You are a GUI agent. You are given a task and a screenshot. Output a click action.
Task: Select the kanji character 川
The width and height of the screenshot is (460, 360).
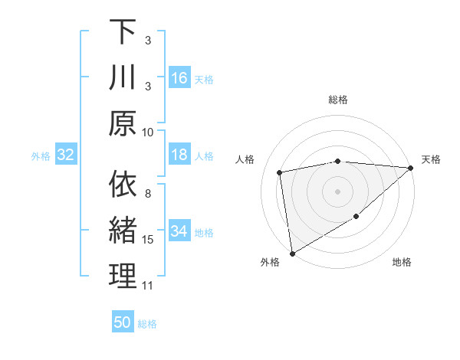[x=123, y=78]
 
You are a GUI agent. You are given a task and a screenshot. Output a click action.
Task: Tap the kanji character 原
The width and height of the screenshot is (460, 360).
[x=123, y=123]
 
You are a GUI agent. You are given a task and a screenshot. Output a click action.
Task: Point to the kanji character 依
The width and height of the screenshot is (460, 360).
[x=123, y=185]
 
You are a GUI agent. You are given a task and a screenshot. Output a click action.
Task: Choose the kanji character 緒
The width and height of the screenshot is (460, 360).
[x=123, y=231]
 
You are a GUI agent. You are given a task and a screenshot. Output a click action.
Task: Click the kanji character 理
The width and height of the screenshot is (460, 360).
[x=123, y=277]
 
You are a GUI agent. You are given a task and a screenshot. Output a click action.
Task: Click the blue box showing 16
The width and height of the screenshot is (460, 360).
[x=179, y=78]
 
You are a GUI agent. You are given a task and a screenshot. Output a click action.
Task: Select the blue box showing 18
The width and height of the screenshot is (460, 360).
[x=179, y=155]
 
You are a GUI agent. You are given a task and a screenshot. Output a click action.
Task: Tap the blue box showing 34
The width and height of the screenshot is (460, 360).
[x=179, y=232]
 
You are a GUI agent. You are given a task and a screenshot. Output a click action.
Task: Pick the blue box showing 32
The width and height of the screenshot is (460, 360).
[x=66, y=155]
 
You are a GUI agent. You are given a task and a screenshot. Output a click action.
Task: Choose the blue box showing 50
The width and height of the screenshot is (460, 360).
[x=123, y=322]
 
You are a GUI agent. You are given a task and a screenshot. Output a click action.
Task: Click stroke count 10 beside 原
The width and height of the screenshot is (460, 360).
[x=148, y=132]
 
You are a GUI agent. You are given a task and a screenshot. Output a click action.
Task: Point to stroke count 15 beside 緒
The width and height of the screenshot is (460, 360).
[x=148, y=240]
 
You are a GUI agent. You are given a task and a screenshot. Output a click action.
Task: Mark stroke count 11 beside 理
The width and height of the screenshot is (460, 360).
[x=148, y=286]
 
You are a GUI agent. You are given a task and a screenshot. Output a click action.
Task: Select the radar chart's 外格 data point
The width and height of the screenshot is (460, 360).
[x=292, y=253]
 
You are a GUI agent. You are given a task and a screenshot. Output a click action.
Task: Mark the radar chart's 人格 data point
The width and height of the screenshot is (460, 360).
[x=281, y=172]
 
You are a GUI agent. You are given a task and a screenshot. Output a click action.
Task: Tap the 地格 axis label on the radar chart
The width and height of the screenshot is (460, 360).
[x=402, y=263]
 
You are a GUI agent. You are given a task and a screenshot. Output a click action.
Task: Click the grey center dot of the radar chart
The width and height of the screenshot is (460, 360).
[x=338, y=191]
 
